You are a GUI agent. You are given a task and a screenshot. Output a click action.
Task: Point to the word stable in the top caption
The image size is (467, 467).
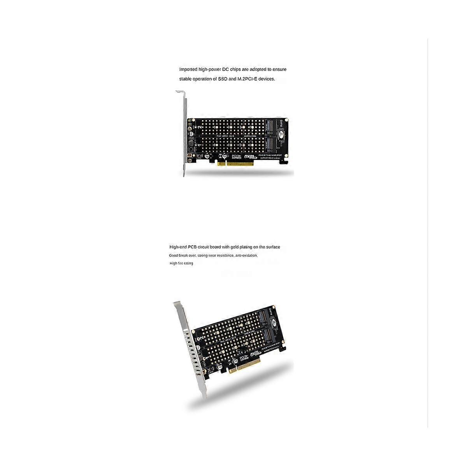pos(185,79)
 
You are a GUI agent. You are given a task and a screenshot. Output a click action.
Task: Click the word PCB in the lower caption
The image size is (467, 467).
pos(193,247)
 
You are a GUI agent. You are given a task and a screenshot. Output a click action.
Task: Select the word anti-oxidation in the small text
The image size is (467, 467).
pos(247,256)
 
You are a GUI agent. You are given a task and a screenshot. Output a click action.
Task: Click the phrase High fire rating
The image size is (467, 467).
pos(181,263)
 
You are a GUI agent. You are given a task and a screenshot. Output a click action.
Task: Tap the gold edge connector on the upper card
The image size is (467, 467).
pos(235,163)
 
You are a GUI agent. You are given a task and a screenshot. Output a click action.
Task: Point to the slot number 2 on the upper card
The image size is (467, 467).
pos(200,127)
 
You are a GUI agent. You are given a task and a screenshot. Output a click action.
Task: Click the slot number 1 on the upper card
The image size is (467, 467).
pos(200,145)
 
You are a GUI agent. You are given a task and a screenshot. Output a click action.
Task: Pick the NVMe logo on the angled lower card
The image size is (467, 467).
pos(255,353)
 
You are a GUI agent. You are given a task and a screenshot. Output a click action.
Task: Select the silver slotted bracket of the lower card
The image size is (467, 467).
pos(191,350)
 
